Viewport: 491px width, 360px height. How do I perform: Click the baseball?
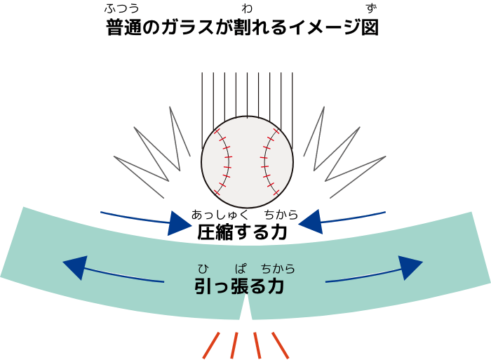[247, 161]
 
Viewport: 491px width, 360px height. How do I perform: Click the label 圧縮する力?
[242, 232]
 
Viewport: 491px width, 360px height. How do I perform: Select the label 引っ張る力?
[239, 286]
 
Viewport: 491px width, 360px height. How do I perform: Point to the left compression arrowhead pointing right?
[179, 223]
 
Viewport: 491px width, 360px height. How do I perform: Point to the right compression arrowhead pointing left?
[311, 222]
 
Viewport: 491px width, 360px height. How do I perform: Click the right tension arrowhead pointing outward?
[410, 267]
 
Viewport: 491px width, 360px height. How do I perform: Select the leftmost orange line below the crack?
[211, 345]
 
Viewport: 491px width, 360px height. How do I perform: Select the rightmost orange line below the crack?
[280, 345]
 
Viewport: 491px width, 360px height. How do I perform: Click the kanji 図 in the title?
[370, 27]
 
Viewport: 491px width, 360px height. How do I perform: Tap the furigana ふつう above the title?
[121, 8]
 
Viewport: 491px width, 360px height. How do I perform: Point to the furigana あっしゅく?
[220, 215]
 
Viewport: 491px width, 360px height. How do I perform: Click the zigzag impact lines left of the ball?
[152, 152]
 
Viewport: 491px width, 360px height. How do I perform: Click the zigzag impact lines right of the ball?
[344, 152]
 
